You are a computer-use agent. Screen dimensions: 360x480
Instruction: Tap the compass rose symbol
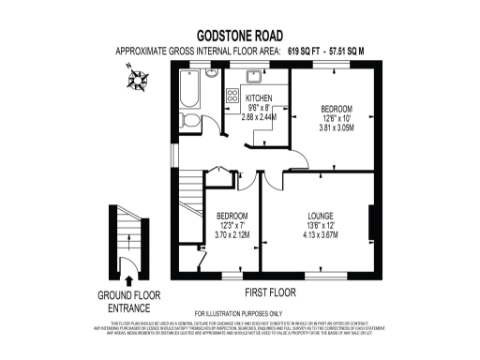[137, 86]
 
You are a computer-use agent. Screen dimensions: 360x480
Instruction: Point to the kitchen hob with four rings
[232, 96]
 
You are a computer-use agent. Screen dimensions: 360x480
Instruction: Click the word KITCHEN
[259, 98]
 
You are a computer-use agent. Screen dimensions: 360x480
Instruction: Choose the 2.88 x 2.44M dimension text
[259, 119]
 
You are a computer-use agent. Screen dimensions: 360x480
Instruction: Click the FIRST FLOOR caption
[271, 278]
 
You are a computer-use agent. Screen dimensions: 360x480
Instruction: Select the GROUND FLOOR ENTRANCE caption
[128, 299]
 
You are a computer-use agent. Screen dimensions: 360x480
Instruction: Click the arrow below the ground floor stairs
[128, 278]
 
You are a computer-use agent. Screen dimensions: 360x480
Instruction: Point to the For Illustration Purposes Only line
[238, 312]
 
